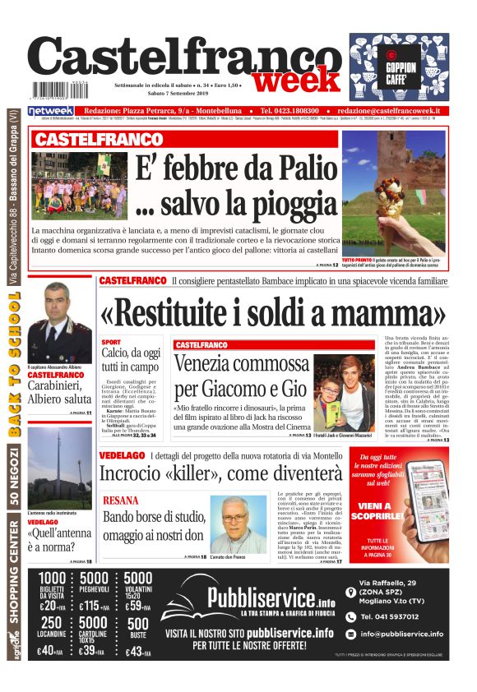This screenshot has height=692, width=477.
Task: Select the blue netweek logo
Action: coord(50,111)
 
